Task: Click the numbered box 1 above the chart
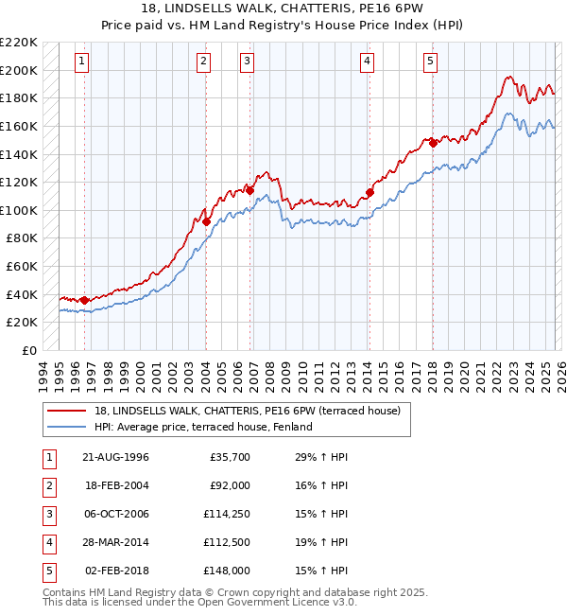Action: [82, 62]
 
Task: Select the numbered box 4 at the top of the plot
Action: [367, 62]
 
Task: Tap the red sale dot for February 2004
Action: [206, 221]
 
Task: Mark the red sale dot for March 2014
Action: [370, 193]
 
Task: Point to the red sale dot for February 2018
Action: [433, 143]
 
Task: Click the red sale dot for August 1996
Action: [85, 300]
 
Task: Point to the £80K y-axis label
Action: [22, 238]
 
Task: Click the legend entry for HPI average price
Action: [203, 427]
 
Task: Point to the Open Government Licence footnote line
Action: [186, 602]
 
